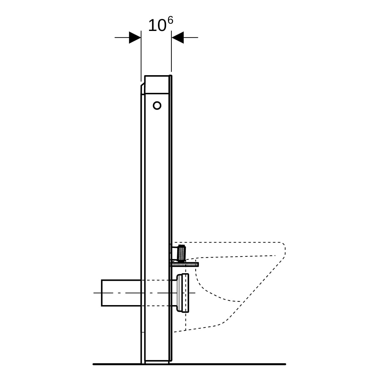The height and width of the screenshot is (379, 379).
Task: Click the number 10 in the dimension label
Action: pyautogui.click(x=157, y=25)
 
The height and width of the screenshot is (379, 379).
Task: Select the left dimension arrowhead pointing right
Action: pyautogui.click(x=135, y=37)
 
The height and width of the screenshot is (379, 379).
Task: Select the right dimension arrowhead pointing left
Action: pyautogui.click(x=177, y=37)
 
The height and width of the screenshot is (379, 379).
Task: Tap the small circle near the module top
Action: pyautogui.click(x=157, y=105)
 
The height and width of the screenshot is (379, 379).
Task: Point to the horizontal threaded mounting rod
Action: pyautogui.click(x=184, y=265)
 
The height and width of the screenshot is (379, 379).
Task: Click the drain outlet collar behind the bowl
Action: pyautogui.click(x=183, y=293)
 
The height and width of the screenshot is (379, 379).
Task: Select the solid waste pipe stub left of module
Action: pyautogui.click(x=121, y=293)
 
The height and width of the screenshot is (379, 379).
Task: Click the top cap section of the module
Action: pyautogui.click(x=157, y=84)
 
